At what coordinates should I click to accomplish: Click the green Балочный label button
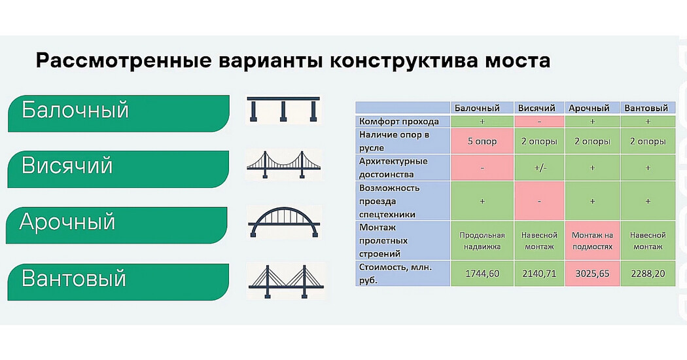pyautogui.click(x=118, y=114)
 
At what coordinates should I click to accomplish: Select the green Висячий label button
pyautogui.click(x=118, y=170)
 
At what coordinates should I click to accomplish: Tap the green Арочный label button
pyautogui.click(x=116, y=225)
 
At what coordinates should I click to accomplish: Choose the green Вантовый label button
pyautogui.click(x=118, y=282)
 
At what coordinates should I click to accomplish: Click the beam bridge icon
pyautogui.click(x=283, y=109)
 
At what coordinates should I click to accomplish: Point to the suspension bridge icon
pyautogui.click(x=283, y=165)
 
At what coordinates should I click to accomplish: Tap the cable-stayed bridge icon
pyautogui.click(x=286, y=281)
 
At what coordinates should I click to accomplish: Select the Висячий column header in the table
pyautogui.click(x=539, y=108)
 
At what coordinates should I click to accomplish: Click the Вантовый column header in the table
pyautogui.click(x=648, y=108)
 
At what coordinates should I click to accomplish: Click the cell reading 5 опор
pyautogui.click(x=482, y=141)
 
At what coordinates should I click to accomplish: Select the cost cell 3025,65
pyautogui.click(x=592, y=274)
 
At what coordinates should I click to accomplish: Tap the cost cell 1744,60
pyautogui.click(x=482, y=274)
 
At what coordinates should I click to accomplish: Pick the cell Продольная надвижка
pyautogui.click(x=482, y=241)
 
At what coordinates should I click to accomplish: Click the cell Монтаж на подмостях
pyautogui.click(x=592, y=241)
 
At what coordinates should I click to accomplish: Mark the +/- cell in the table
pyautogui.click(x=539, y=168)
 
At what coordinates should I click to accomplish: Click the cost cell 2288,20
pyautogui.click(x=648, y=274)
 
